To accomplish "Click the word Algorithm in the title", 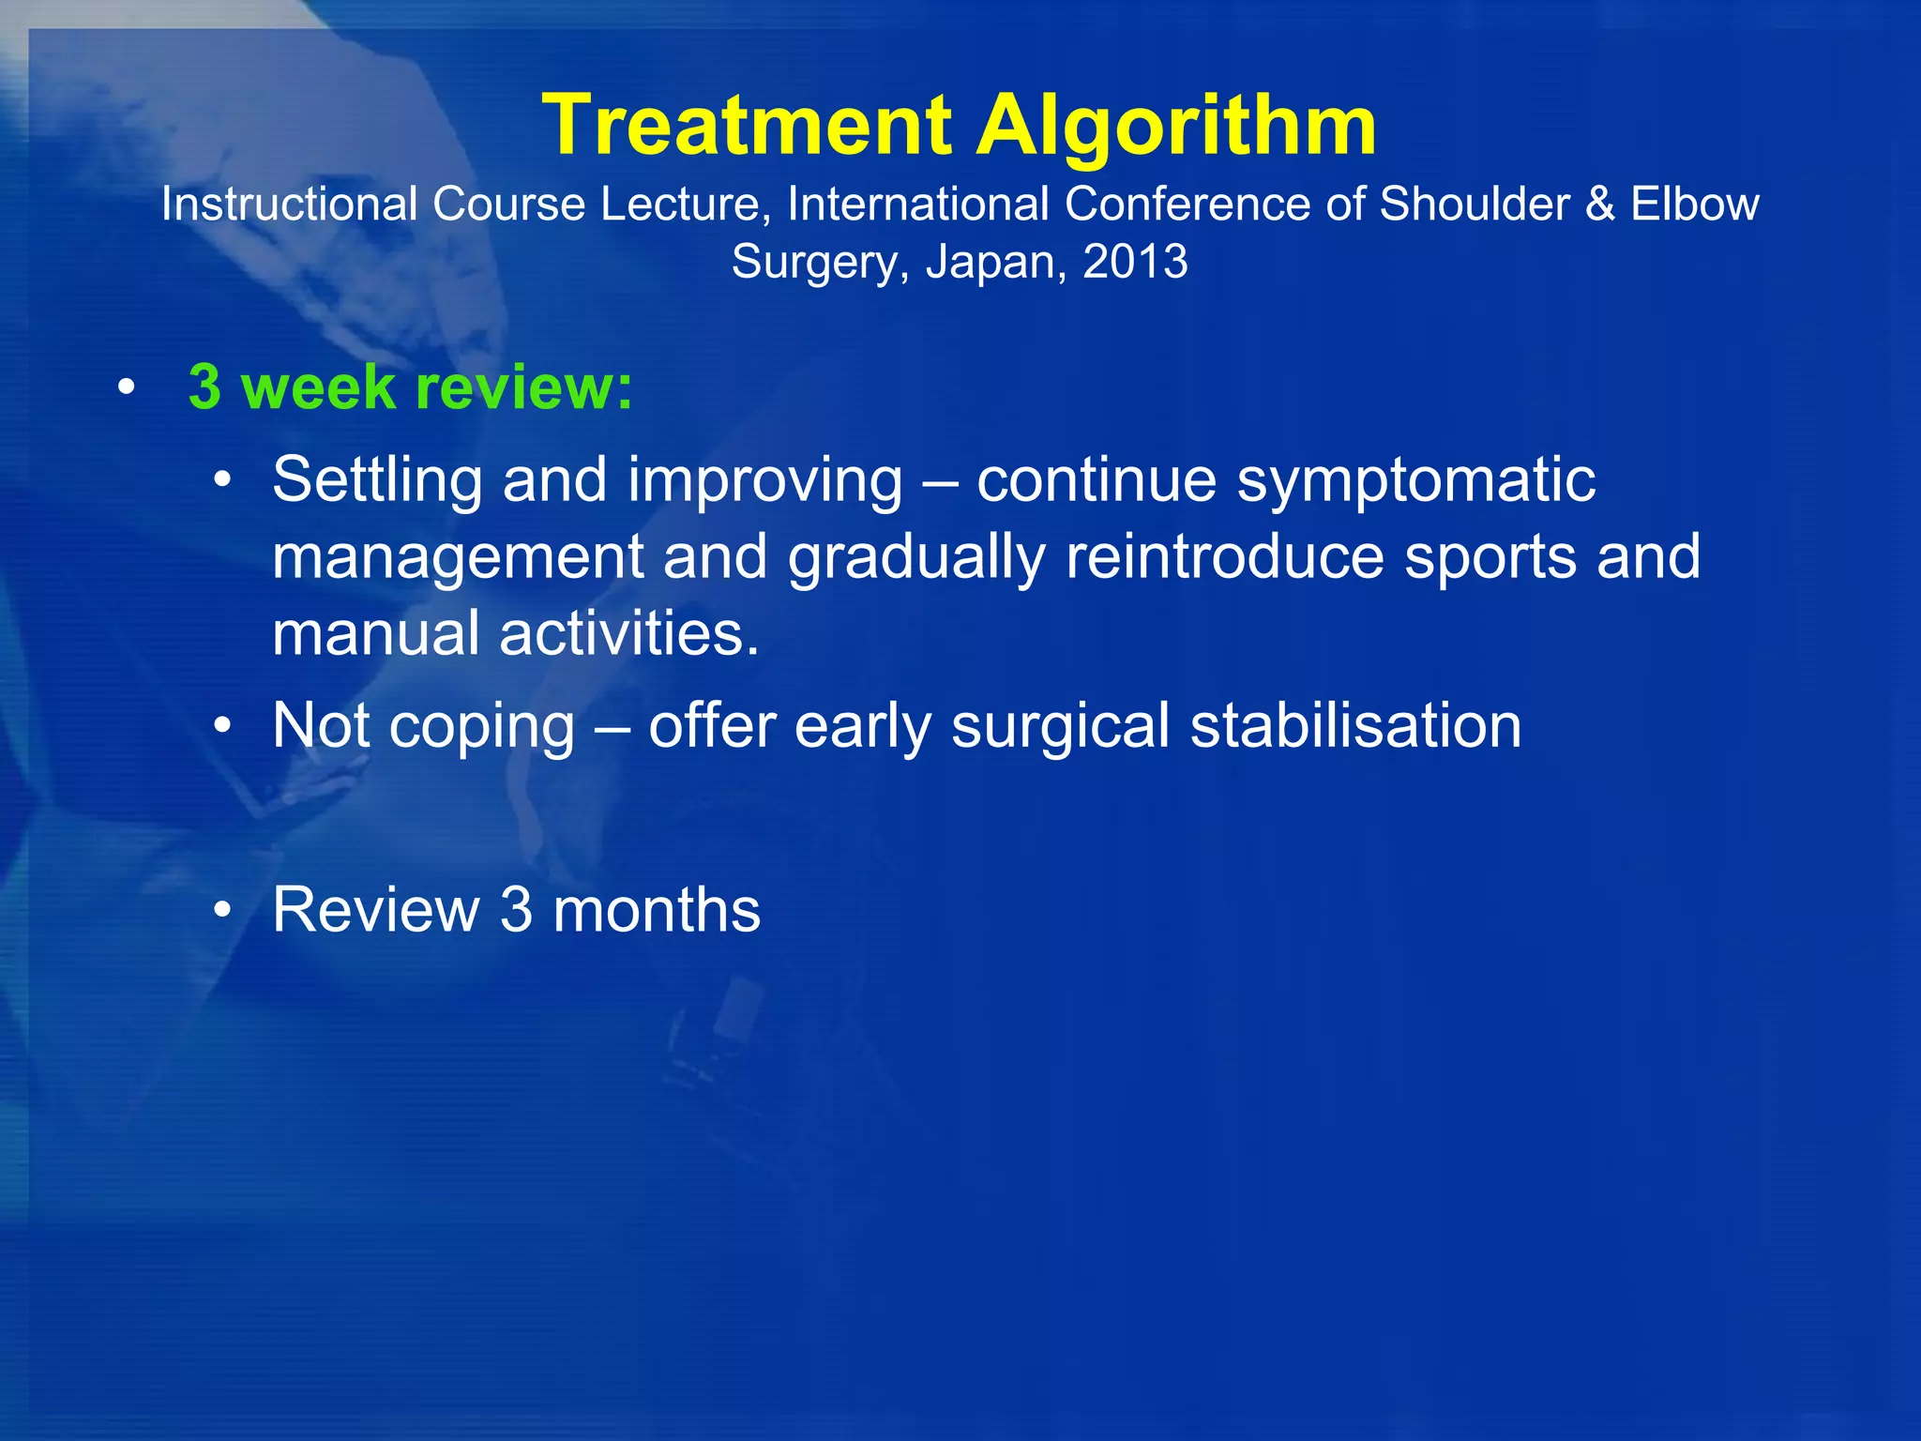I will [x=1176, y=127].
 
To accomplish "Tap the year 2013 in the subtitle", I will [x=1135, y=261].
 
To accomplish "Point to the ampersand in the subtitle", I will [x=1599, y=204].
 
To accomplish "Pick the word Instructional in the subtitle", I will [x=289, y=204].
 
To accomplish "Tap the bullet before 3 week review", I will [x=127, y=387].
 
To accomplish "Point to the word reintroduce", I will [x=1223, y=556].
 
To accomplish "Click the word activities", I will [x=628, y=633].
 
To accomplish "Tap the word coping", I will [x=481, y=727].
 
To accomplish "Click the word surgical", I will [x=1060, y=727].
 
